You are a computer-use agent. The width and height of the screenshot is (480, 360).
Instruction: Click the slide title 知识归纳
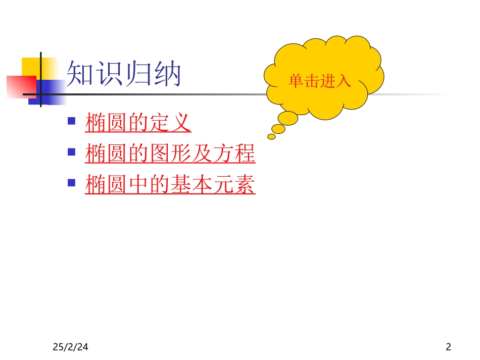(124, 75)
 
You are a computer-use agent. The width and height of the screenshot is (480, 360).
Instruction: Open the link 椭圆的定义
(138, 123)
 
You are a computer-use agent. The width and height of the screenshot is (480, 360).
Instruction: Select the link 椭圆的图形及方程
(170, 154)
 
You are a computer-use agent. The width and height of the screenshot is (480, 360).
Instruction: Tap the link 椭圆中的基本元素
(170, 184)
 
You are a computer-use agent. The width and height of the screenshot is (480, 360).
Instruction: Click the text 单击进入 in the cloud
(319, 81)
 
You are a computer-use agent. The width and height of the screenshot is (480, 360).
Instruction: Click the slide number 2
(448, 347)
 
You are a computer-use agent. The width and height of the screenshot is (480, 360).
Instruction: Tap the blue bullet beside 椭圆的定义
(72, 121)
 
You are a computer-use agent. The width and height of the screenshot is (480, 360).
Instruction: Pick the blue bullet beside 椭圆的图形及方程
(72, 151)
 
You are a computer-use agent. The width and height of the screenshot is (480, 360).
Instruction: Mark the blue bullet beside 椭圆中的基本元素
(72, 182)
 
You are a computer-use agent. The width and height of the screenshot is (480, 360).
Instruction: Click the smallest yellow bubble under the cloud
(271, 136)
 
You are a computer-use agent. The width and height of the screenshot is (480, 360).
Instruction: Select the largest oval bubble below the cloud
(289, 118)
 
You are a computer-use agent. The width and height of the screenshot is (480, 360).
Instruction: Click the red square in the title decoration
(20, 86)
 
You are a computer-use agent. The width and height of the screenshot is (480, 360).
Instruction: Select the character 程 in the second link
(245, 154)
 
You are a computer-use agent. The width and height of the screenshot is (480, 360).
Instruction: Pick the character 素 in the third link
(245, 184)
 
